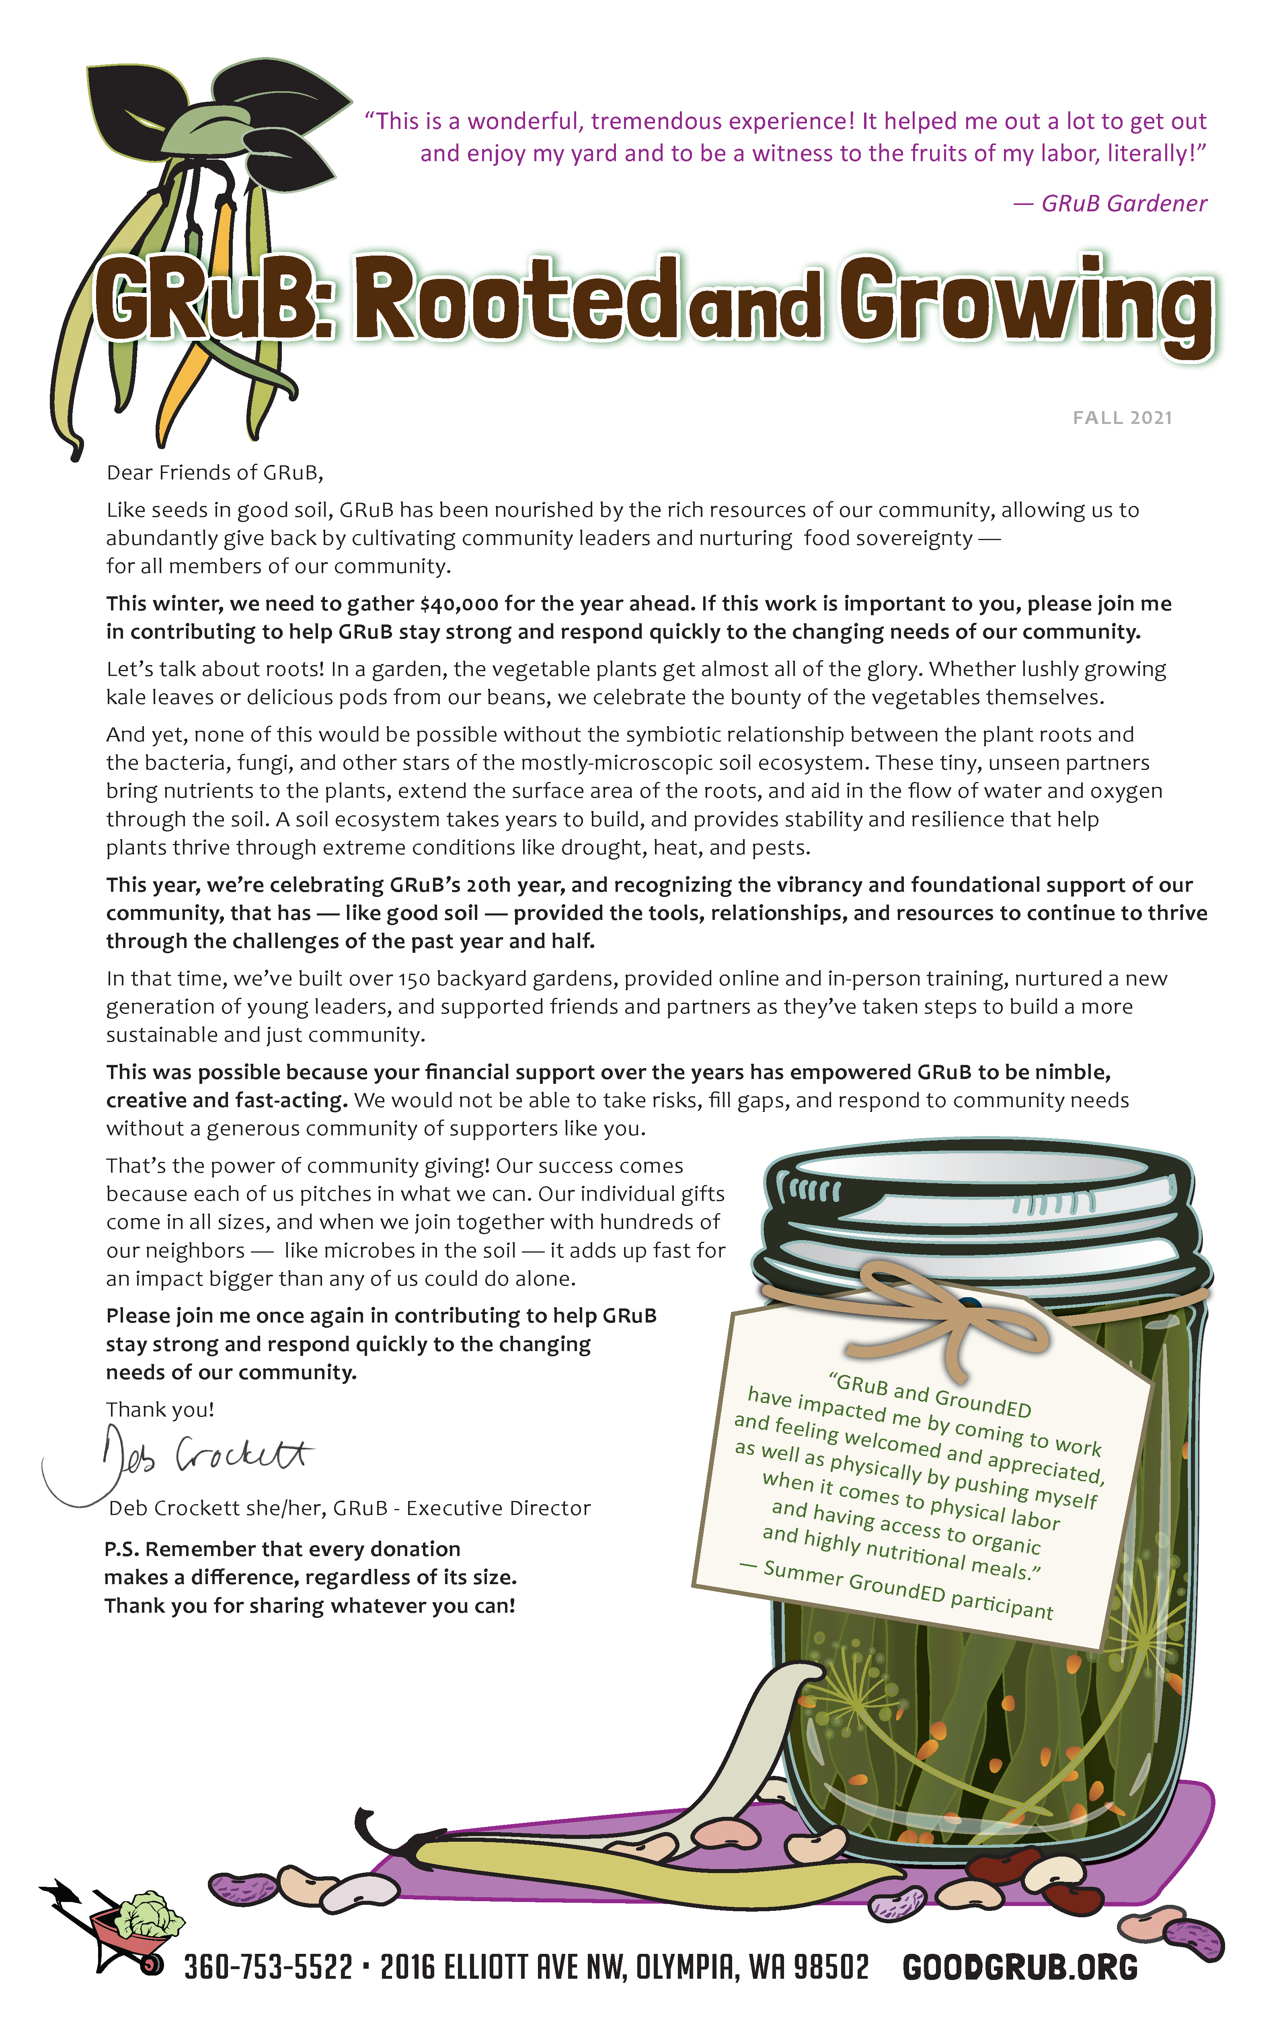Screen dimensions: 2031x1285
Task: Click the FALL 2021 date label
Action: [x=1122, y=418]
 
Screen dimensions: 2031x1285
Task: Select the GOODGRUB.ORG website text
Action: [x=1019, y=1968]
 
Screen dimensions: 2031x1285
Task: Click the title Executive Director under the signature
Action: [x=498, y=1508]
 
